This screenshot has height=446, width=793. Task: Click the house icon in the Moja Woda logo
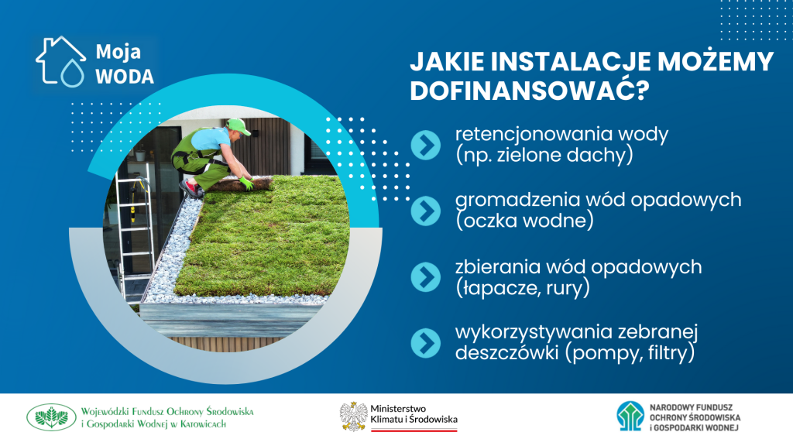click(x=60, y=60)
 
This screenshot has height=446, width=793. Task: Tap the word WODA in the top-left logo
click(x=125, y=77)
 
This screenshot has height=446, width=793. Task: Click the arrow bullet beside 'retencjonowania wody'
click(x=426, y=145)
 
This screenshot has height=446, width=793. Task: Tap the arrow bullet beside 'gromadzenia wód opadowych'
click(x=426, y=211)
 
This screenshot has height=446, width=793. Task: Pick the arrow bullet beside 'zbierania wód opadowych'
click(x=426, y=277)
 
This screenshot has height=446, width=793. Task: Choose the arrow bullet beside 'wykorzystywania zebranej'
click(x=426, y=343)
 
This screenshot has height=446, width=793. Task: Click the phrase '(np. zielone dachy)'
click(x=544, y=155)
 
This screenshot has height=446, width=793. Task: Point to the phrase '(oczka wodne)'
click(x=524, y=221)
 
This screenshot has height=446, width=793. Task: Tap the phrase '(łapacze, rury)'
click(x=523, y=288)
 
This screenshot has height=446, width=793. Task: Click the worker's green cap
click(x=239, y=126)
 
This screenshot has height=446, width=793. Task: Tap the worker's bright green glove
click(x=246, y=183)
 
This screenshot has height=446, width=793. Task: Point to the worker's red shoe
click(x=191, y=188)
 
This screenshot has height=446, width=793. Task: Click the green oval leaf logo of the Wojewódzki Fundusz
click(x=51, y=417)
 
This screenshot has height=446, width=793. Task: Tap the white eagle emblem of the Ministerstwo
click(x=353, y=416)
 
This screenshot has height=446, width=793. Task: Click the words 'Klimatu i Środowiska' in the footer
click(x=414, y=419)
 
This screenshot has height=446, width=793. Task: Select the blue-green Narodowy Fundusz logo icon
click(x=630, y=416)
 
